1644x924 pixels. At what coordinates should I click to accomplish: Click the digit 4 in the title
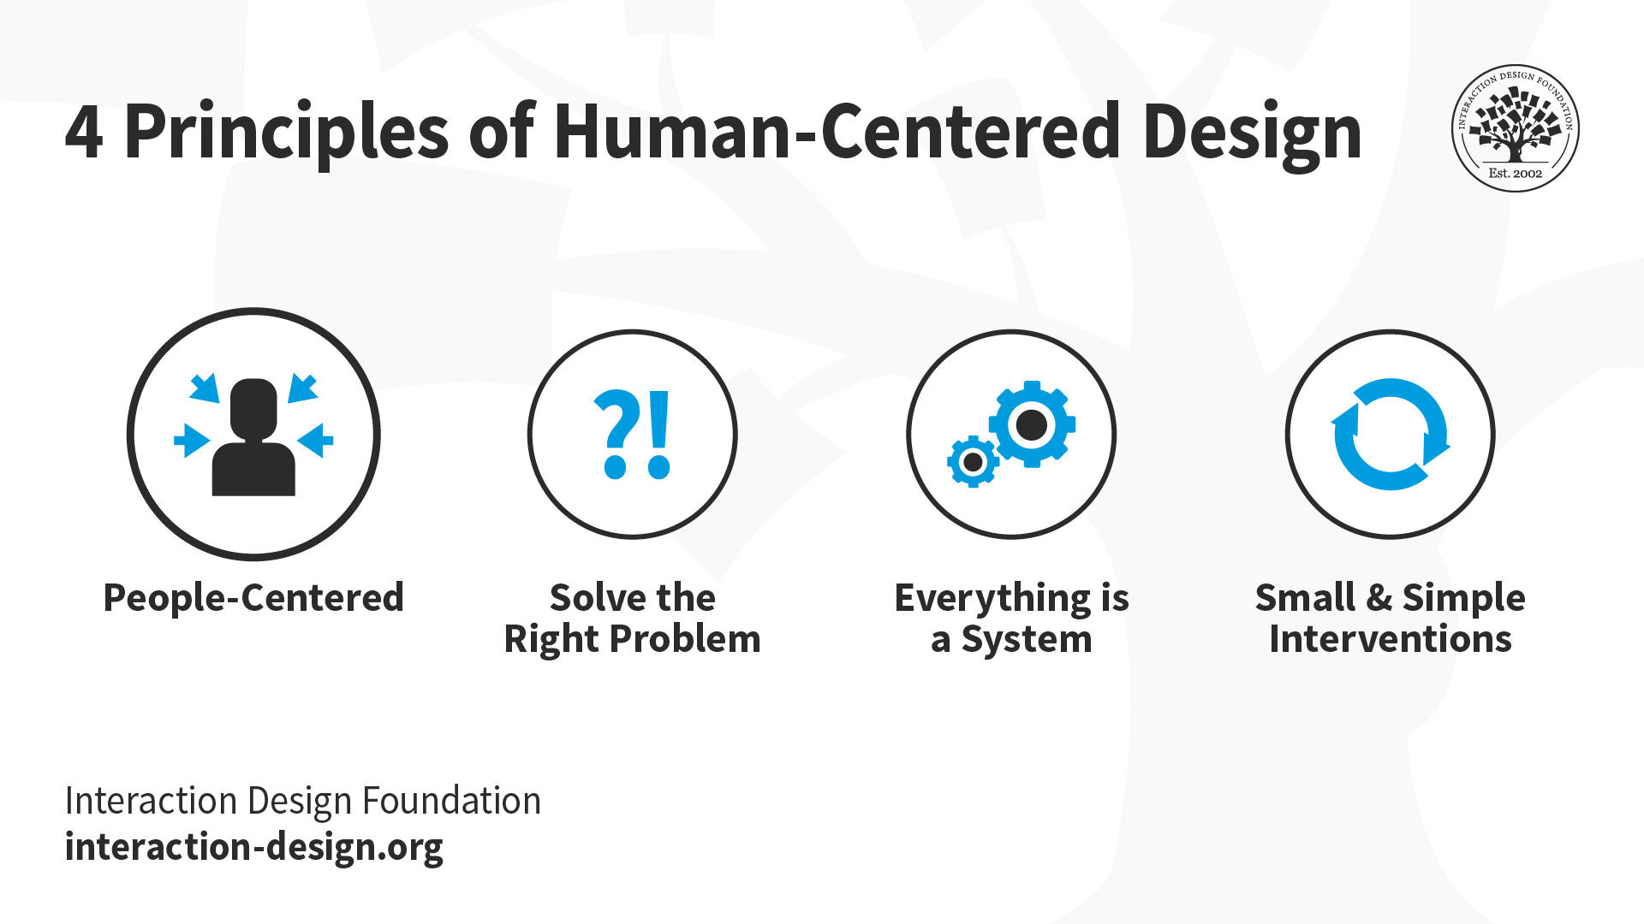(x=84, y=133)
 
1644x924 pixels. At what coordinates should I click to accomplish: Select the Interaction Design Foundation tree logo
(x=1515, y=128)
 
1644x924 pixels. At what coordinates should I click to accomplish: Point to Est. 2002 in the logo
(x=1515, y=173)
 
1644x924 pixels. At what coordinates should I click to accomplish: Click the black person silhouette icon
(x=253, y=436)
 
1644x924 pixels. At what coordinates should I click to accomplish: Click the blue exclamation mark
(x=658, y=434)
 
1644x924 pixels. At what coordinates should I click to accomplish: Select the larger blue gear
(x=1032, y=424)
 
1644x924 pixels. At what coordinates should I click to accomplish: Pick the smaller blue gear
(x=973, y=462)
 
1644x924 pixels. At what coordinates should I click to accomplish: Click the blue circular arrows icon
(x=1391, y=435)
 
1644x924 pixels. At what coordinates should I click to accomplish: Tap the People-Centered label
(x=253, y=597)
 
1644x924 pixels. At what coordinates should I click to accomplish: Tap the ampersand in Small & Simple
(x=1379, y=597)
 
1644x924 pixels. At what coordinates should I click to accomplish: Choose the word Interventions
(x=1391, y=638)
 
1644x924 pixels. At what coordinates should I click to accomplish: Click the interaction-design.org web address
(x=254, y=847)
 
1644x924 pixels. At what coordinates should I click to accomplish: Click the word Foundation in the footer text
(x=451, y=801)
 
